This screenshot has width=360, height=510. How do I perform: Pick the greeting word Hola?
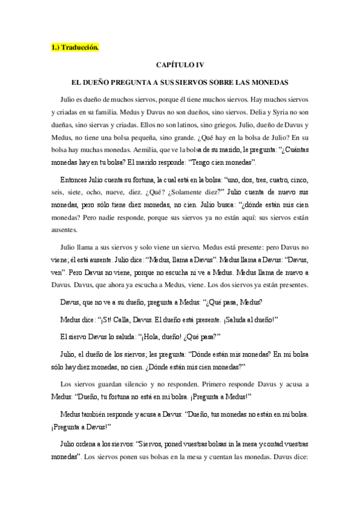coord(157,336)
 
